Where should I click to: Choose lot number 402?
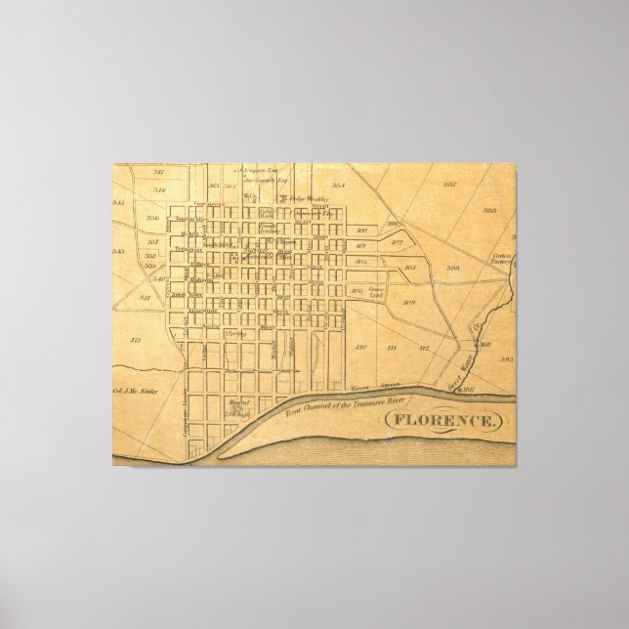(397, 241)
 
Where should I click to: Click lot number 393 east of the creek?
(505, 359)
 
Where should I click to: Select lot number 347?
(158, 172)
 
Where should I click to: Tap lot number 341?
(144, 297)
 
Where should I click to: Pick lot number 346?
(160, 189)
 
